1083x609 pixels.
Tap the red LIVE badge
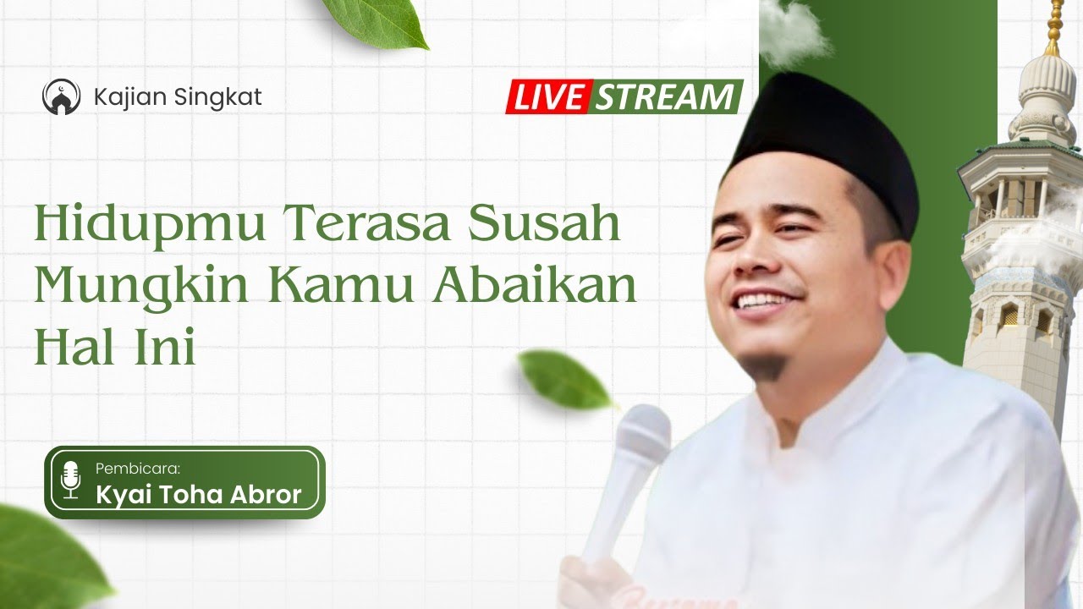[548, 97]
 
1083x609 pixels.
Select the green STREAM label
[664, 97]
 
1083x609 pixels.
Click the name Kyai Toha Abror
[199, 495]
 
